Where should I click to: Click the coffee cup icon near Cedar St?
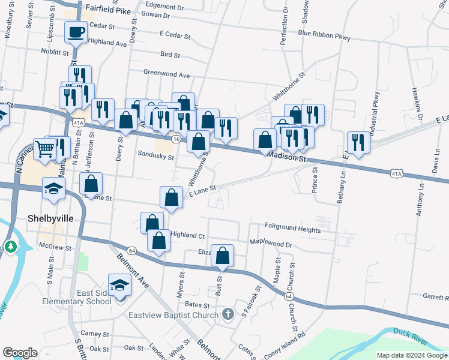click(x=76, y=32)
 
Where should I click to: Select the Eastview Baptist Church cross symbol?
click(x=228, y=314)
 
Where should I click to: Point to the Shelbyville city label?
click(x=50, y=218)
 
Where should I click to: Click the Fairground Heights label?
click(x=293, y=229)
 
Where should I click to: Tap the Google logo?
click(x=19, y=353)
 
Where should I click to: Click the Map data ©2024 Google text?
click(x=411, y=355)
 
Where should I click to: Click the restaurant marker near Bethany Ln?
click(x=358, y=142)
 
